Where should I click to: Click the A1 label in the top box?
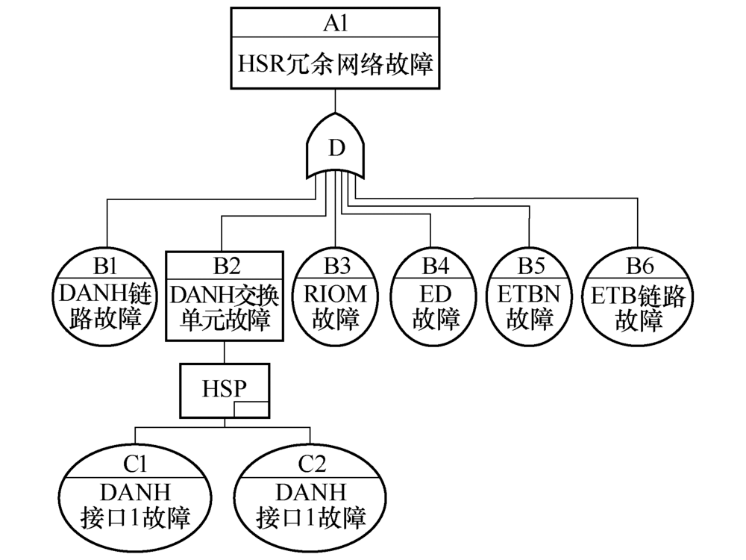point(334,23)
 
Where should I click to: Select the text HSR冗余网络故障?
point(335,64)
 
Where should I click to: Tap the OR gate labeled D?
point(336,148)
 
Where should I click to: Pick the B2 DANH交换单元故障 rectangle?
point(225,297)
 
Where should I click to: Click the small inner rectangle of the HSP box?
point(250,409)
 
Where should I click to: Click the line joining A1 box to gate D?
point(335,102)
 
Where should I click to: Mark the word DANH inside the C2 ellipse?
point(311,491)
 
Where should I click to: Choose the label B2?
point(225,266)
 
